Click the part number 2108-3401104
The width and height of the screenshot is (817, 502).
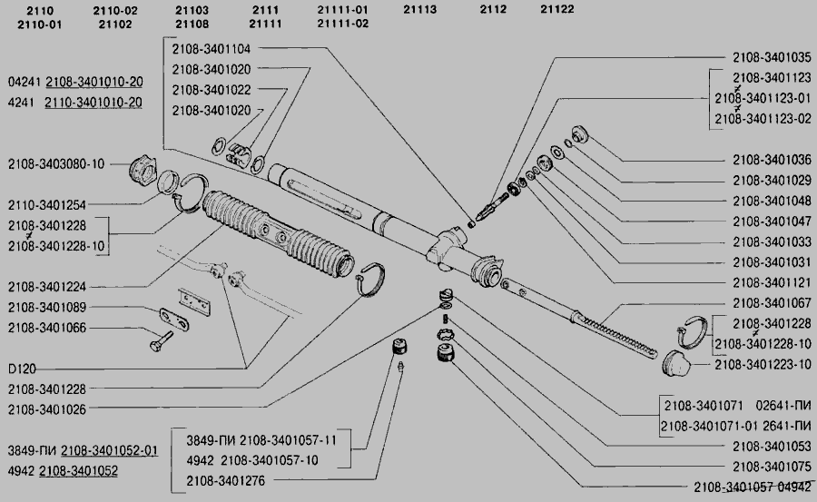[211, 49]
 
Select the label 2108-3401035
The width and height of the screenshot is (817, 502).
[772, 57]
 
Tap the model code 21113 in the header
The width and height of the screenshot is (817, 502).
[419, 9]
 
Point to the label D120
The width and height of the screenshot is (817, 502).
[22, 369]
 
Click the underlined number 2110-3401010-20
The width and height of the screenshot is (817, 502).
[94, 103]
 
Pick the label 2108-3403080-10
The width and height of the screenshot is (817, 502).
[55, 164]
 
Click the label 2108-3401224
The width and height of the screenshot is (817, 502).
[47, 287]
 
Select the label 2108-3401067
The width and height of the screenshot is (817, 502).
[772, 303]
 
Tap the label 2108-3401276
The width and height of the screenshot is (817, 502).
[226, 480]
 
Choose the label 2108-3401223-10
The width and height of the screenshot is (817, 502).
[763, 364]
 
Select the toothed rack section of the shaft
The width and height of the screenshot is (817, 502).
[618, 336]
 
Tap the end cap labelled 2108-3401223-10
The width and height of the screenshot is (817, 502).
[674, 363]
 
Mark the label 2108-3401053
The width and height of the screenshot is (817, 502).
[772, 447]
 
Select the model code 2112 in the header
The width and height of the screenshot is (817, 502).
[493, 9]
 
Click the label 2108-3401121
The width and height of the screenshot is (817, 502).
[772, 282]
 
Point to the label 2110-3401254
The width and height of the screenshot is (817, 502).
[47, 205]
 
